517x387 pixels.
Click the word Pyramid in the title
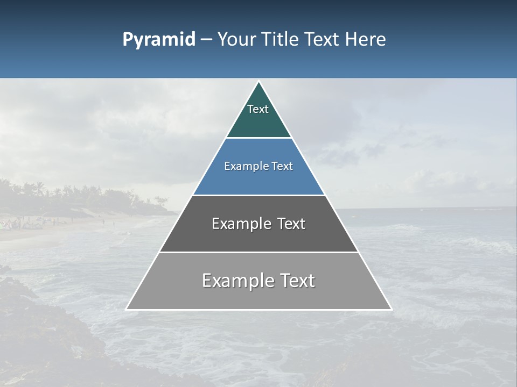pyautogui.click(x=158, y=40)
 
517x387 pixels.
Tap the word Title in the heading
pyautogui.click(x=283, y=40)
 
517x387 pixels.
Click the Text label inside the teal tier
pyautogui.click(x=258, y=109)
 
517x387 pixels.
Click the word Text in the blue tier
pyautogui.click(x=283, y=167)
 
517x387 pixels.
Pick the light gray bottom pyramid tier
pyautogui.click(x=258, y=296)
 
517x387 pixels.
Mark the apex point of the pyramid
pyautogui.click(x=259, y=82)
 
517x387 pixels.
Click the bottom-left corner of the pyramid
pyautogui.click(x=127, y=309)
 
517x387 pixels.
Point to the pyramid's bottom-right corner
pyautogui.click(x=391, y=309)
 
